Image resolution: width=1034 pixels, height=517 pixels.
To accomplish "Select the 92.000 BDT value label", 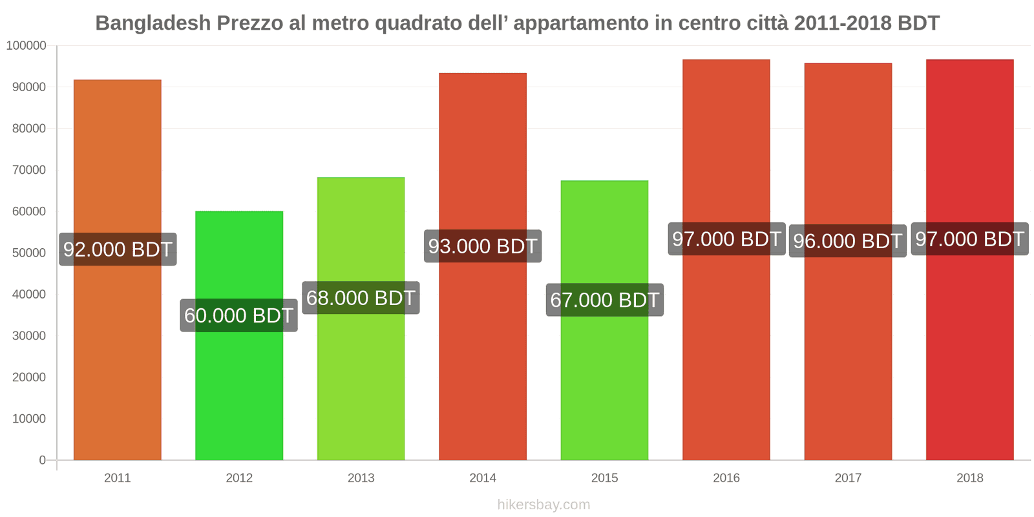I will point(118,249).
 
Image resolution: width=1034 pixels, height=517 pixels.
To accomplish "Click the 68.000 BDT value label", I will point(361,298).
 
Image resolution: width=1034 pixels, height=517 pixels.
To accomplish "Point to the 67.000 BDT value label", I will point(604,300).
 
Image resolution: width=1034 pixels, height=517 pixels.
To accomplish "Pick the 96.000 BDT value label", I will point(847,241).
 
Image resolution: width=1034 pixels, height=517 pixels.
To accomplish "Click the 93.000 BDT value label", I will point(483,246).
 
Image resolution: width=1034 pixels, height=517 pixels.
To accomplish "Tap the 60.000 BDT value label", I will point(239,315).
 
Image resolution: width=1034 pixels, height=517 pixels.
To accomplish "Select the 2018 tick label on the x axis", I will point(969,478).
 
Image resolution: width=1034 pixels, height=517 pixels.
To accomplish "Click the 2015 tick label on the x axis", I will point(604,478).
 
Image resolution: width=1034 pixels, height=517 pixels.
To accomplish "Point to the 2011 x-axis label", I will point(118,478).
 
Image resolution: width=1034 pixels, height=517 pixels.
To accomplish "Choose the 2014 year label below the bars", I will point(483,478).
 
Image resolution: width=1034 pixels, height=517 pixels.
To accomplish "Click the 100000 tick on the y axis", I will point(26,46).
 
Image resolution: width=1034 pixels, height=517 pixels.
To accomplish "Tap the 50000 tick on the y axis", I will point(29,253).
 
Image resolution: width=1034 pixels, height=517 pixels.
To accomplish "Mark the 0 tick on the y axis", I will point(42,460).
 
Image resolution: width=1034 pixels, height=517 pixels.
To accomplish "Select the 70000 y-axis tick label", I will point(29,170).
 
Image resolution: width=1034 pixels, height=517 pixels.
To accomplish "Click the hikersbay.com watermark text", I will point(543,505).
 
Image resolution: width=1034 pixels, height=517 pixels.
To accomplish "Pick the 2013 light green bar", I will point(361,388).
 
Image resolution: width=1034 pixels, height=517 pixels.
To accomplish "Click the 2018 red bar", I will point(969,355).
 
